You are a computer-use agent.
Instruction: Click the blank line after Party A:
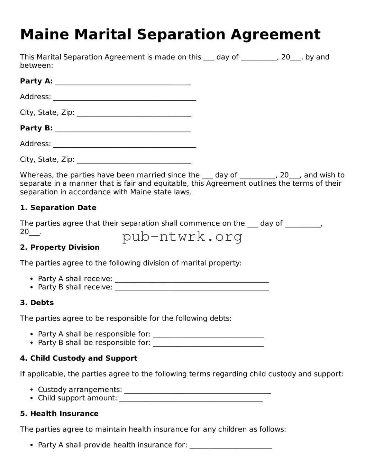[123, 82]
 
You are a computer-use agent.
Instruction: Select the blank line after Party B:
[123, 129]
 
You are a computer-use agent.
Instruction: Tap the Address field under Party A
[125, 97]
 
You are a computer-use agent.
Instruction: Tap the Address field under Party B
[125, 144]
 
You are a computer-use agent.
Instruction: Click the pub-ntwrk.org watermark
[182, 237]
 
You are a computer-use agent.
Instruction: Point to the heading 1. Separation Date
[58, 208]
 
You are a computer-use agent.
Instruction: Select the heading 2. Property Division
[60, 248]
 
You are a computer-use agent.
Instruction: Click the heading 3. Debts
[37, 303]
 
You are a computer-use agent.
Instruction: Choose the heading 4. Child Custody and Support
[79, 358]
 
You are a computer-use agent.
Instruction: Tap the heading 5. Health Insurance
[59, 414]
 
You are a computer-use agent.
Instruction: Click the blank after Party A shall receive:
[192, 279]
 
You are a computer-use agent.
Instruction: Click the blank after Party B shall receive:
[192, 288]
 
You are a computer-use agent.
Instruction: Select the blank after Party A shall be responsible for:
[208, 335]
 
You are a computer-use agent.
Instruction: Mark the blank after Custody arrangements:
[197, 390]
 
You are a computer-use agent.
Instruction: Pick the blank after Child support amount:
[191, 399]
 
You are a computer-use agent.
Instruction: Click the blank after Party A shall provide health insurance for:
[231, 445]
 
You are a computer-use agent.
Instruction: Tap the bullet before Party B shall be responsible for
[31, 343]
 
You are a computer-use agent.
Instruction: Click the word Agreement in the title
[275, 35]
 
